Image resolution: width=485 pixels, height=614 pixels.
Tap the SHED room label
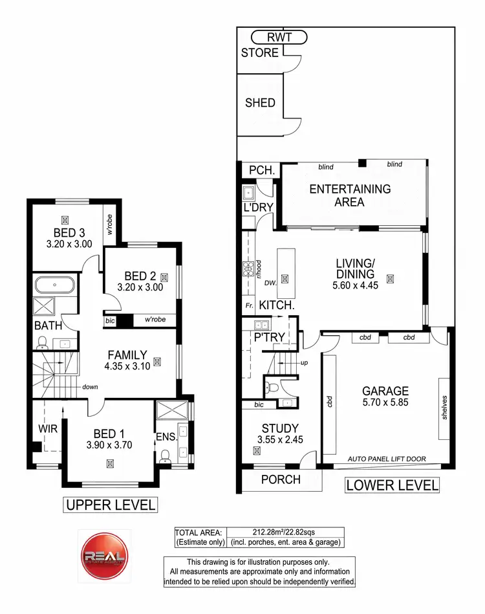260,102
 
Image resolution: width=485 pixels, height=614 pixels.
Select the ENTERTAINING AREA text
350,195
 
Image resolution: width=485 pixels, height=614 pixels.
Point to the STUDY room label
280,428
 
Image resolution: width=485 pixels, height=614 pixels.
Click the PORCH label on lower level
281,479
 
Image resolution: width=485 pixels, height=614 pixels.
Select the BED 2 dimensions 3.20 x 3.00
140,287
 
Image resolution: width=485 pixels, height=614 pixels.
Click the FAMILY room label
127,355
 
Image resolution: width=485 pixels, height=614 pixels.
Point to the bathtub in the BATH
54,285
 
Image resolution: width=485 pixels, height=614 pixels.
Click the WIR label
47,428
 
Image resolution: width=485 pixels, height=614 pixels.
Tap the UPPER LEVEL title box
109,505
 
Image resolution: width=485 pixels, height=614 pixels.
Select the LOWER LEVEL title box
392,485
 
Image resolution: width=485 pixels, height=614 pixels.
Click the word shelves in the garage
444,408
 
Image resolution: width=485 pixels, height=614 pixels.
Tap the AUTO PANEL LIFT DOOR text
387,459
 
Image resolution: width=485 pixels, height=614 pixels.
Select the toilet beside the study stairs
273,389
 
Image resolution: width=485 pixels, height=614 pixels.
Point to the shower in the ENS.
174,411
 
